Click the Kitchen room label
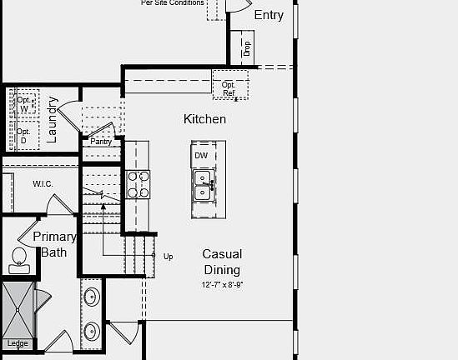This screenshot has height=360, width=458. pyautogui.click(x=204, y=119)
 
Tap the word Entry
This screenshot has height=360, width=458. pyautogui.click(x=268, y=15)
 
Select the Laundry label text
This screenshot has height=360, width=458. pyautogui.click(x=52, y=120)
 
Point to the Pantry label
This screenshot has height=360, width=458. pyautogui.click(x=101, y=142)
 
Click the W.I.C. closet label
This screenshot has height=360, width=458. pyautogui.click(x=43, y=183)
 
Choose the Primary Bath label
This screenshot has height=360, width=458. pyautogui.click(x=54, y=244)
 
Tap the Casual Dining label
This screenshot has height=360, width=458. pyautogui.click(x=222, y=262)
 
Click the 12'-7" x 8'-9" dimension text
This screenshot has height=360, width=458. pyautogui.click(x=222, y=285)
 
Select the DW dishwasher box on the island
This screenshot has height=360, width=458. pyautogui.click(x=201, y=156)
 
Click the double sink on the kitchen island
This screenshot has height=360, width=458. pyautogui.click(x=203, y=186)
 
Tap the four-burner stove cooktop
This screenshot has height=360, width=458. pyautogui.click(x=138, y=184)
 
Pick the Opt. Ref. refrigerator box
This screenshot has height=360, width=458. pyautogui.click(x=229, y=88)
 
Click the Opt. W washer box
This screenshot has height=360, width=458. pyautogui.click(x=24, y=104)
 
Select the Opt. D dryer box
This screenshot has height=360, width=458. pyautogui.click(x=23, y=136)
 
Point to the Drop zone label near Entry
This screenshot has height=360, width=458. pyautogui.click(x=246, y=48)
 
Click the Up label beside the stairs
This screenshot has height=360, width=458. pyautogui.click(x=169, y=257)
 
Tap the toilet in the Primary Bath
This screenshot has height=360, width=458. pyautogui.click(x=18, y=261)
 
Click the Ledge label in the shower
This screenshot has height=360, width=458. pyautogui.click(x=18, y=343)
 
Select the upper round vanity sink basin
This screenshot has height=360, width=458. pyautogui.click(x=91, y=295)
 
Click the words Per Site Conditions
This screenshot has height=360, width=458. pyautogui.click(x=173, y=3)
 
